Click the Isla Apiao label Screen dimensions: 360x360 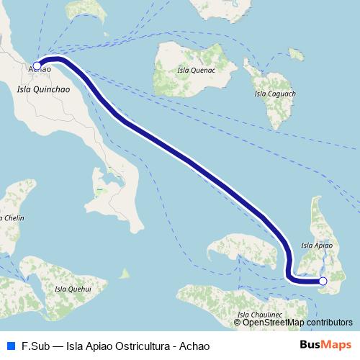316,246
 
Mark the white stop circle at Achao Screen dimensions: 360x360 37,66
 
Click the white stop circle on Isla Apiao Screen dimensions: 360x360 323,281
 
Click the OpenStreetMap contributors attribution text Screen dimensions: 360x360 297,323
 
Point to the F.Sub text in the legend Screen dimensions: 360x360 35,345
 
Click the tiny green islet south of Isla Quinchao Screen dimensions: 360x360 125,274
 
